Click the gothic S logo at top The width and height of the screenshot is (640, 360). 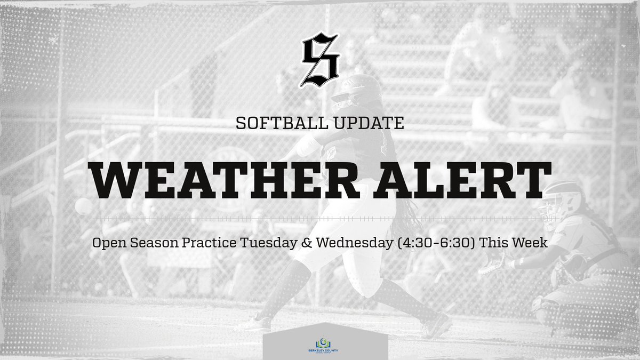319,59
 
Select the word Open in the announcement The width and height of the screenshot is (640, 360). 107,243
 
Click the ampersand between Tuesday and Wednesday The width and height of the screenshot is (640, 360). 307,243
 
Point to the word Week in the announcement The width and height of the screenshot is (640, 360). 530,243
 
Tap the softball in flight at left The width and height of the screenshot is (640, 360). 83,206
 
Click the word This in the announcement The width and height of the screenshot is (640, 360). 497,243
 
